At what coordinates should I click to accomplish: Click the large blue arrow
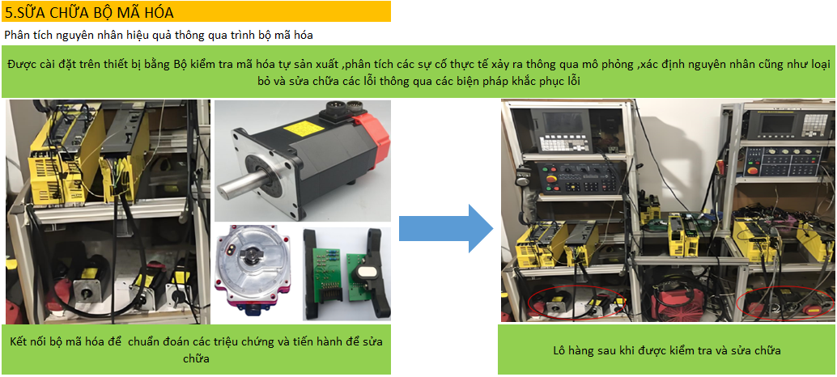[446, 227]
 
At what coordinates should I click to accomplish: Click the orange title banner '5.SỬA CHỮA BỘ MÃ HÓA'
[196, 11]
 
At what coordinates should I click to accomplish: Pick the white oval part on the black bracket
[363, 273]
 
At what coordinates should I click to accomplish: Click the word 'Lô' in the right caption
[559, 350]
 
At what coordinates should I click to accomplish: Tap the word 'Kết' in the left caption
[19, 341]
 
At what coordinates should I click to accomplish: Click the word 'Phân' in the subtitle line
[15, 36]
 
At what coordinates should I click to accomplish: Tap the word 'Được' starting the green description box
[20, 65]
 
